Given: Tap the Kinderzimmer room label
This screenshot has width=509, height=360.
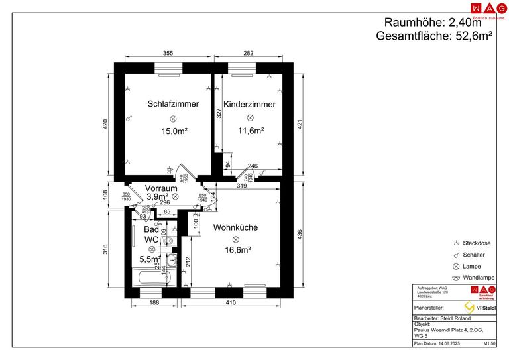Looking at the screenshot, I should pyautogui.click(x=249, y=105).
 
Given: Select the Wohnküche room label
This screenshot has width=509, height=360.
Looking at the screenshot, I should pyautogui.click(x=235, y=227).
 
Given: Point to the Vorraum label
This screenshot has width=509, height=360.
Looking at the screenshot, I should pyautogui.click(x=162, y=188).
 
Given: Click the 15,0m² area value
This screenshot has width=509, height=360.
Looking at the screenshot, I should pyautogui.click(x=174, y=131).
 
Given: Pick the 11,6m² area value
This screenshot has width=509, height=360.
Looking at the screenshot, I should pyautogui.click(x=251, y=131).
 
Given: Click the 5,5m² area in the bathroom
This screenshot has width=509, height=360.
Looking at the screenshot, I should pyautogui.click(x=150, y=259).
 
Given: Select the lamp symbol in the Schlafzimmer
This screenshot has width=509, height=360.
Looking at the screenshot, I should pyautogui.click(x=174, y=118).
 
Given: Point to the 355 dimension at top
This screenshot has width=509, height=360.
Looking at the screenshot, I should pyautogui.click(x=168, y=53).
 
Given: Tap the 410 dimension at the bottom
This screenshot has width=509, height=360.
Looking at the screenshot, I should pyautogui.click(x=230, y=303).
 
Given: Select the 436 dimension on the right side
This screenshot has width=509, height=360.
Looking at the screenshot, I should pyautogui.click(x=300, y=235).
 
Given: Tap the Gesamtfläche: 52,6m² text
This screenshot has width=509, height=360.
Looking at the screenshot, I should pyautogui.click(x=433, y=36).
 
